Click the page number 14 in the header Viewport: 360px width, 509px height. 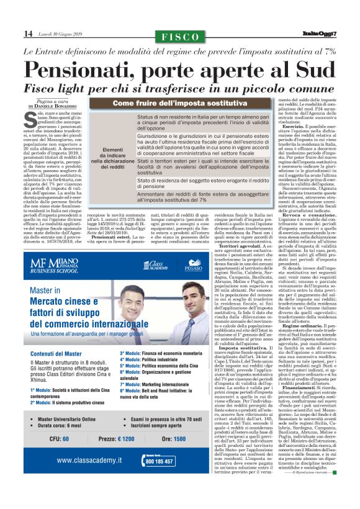28,33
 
